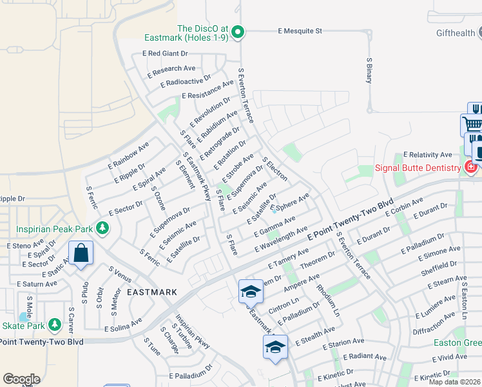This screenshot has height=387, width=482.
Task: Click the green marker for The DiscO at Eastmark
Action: click(237, 31)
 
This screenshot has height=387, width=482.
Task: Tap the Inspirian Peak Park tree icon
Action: click(102, 228)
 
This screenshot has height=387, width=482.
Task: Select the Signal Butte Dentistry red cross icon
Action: click(470, 168)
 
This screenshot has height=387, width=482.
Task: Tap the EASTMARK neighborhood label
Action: click(151, 292)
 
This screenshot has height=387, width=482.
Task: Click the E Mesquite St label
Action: click(300, 30)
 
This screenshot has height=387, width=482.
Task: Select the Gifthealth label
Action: click(455, 33)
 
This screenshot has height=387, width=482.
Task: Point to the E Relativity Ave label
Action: click(428, 155)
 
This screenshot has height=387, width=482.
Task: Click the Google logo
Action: click(21, 379)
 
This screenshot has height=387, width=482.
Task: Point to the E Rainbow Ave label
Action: click(129, 155)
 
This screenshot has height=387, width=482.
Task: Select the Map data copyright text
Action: click(454, 382)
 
